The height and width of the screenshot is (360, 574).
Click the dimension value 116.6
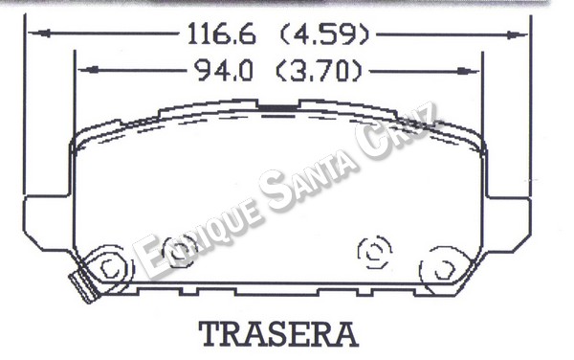(221, 34)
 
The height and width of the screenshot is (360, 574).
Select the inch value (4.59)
(324, 34)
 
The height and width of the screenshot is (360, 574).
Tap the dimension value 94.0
(223, 70)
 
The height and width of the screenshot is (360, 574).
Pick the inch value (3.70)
(319, 71)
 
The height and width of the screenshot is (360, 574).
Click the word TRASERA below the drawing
(278, 334)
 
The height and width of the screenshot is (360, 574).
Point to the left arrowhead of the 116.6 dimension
(39, 34)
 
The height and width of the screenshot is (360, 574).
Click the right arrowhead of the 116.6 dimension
(517, 35)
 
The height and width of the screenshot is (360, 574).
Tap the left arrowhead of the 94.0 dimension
(89, 70)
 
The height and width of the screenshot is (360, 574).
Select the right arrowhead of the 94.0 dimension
(468, 71)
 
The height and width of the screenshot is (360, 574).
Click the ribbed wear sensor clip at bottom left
(83, 284)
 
